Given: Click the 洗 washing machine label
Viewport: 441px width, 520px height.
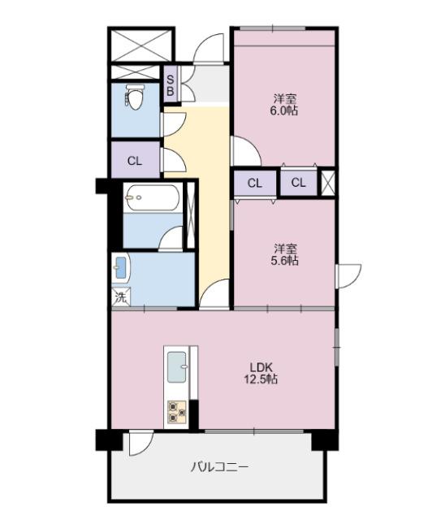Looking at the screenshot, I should point(120,297).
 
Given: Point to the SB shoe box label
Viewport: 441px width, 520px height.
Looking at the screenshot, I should point(171,84).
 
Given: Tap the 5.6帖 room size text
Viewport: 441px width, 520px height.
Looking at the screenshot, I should point(284,261).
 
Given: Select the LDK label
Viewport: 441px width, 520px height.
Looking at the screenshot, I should point(260,366).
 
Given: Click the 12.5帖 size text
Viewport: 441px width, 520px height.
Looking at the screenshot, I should point(261,379).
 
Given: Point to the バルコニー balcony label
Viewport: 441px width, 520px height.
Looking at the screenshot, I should point(219,467).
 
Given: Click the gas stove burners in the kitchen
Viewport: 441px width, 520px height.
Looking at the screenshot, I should point(178,413).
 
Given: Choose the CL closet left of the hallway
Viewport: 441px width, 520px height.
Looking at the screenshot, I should point(135,161).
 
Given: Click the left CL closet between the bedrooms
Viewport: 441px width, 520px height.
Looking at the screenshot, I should point(254,183).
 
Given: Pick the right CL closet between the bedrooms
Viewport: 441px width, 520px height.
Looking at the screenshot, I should point(299,183).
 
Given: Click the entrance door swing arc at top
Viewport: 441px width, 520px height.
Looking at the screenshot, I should point(210,47).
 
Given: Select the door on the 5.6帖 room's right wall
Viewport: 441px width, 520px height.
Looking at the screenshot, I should point(348,275).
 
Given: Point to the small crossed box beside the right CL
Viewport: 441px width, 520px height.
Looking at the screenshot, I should point(327,182).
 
